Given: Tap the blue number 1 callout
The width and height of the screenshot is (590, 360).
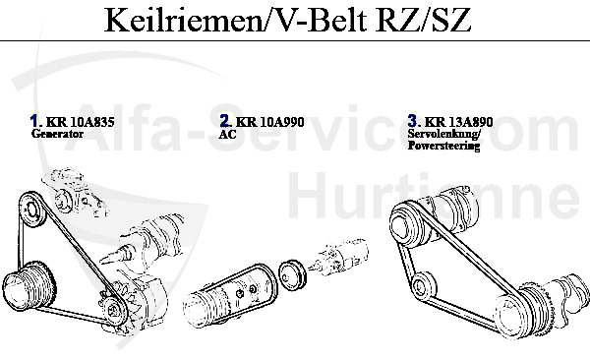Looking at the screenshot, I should coord(34,122).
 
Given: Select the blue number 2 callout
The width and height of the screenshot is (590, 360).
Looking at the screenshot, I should coord(225,122).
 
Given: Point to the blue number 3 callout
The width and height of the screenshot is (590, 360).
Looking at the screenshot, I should coord(413,122).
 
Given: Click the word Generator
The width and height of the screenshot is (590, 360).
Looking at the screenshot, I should coord(57,134).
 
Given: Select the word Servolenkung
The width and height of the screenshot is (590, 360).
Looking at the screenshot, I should coord(442,134).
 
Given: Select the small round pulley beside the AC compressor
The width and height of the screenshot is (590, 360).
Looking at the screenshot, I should coord(291,274).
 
